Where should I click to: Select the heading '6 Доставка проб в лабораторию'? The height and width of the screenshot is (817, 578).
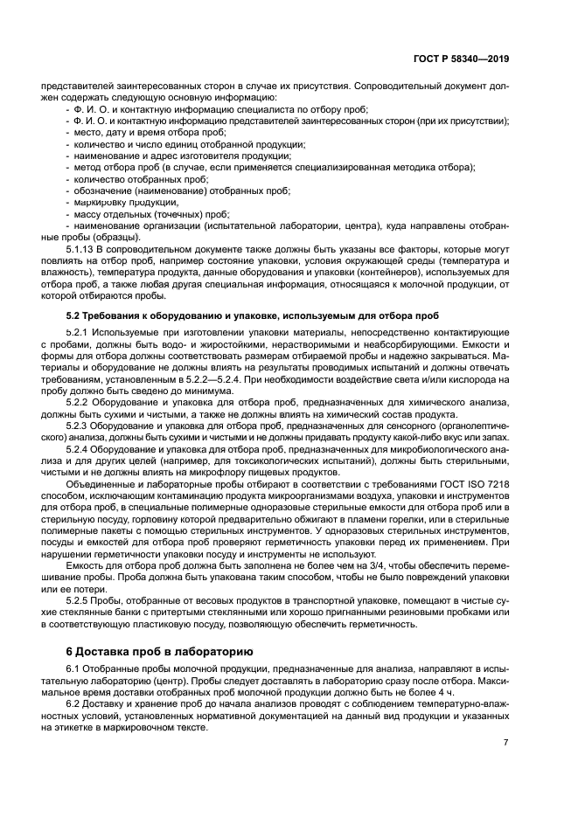160,651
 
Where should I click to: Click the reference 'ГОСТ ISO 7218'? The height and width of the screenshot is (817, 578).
476,483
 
